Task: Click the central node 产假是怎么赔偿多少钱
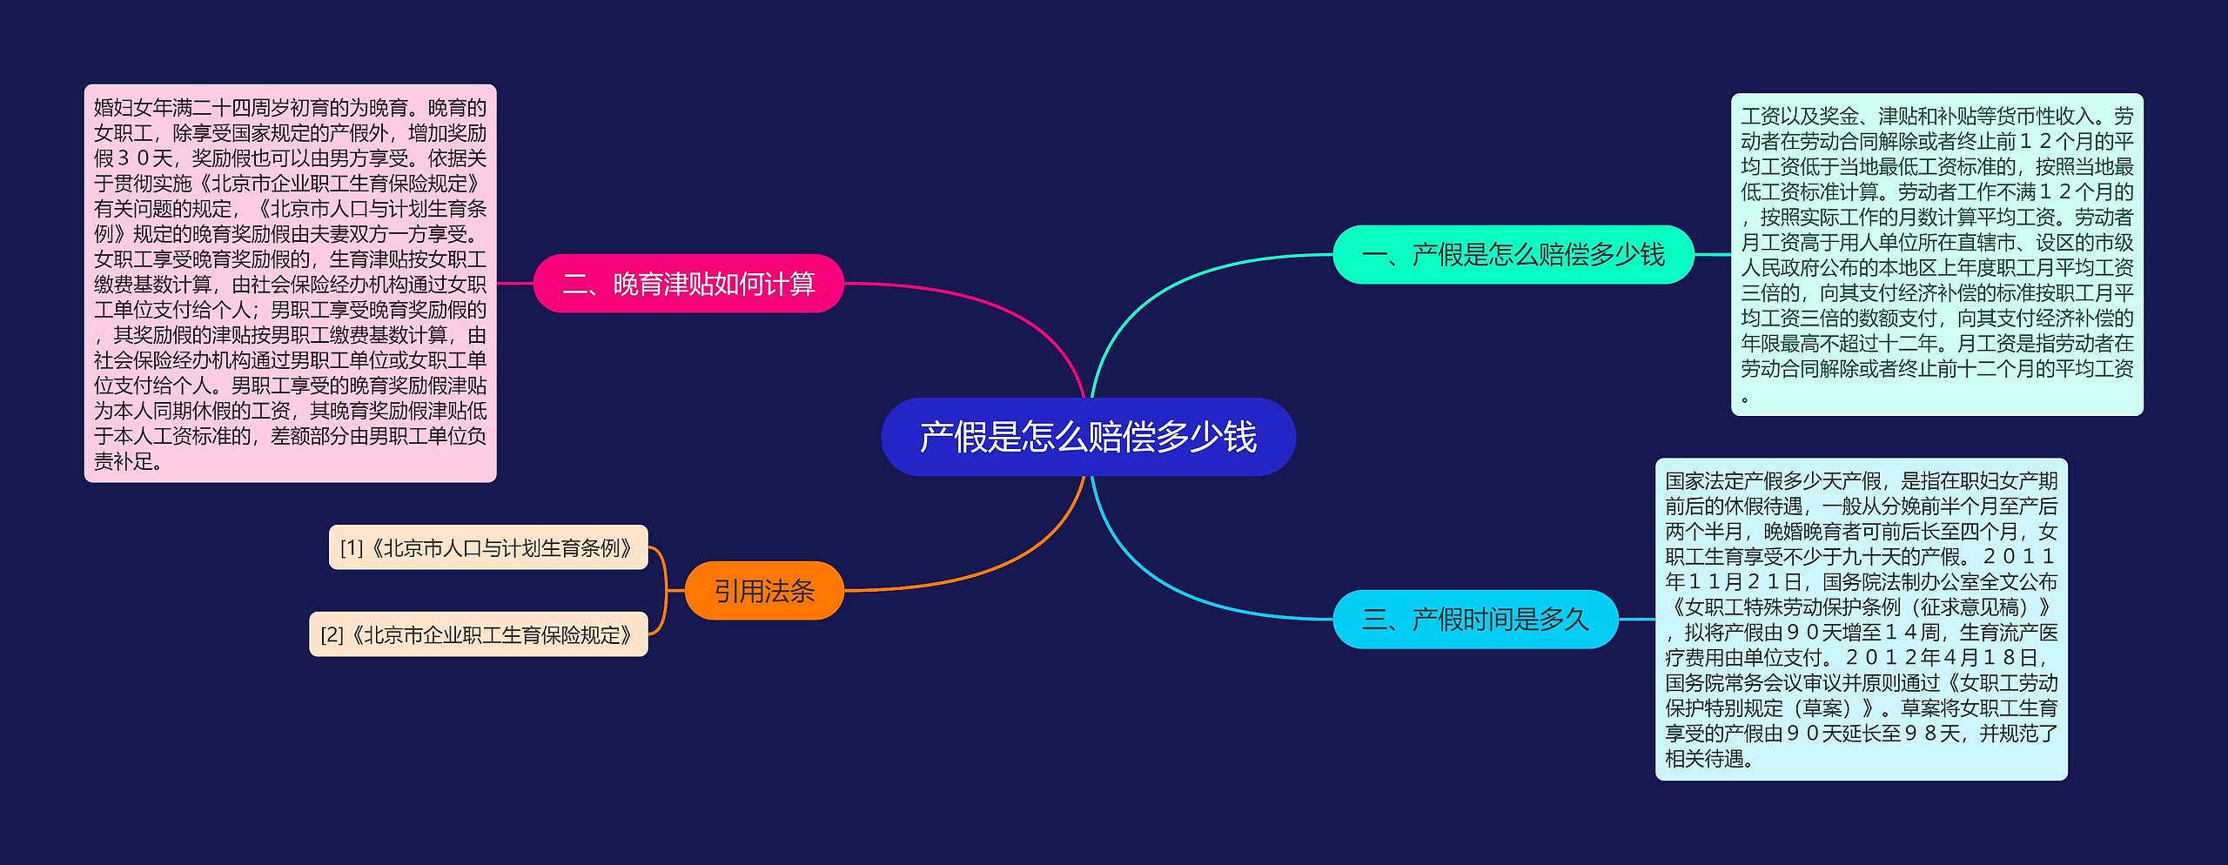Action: pos(1088,437)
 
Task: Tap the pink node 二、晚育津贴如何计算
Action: pos(688,284)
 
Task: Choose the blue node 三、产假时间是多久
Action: pos(1475,619)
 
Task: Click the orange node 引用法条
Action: pos(764,591)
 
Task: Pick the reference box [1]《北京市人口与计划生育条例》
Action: pos(487,547)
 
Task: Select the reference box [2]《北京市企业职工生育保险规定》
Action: pos(478,634)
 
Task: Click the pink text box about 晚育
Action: pos(290,284)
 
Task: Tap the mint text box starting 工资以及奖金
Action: pos(1936,254)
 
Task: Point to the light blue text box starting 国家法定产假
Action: pos(1861,619)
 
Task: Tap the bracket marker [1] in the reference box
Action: pos(352,548)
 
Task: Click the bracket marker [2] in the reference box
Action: pos(332,635)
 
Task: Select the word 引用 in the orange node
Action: pos(739,592)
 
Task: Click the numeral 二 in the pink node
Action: pos(575,285)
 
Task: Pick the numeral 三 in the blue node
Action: pos(1375,620)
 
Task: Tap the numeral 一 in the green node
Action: pos(1375,255)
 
